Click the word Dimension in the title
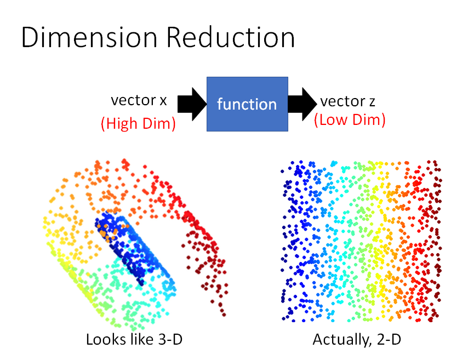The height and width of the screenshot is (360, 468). pos(90,38)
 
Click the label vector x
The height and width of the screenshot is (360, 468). pos(138,101)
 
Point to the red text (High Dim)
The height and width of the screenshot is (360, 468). pos(138,124)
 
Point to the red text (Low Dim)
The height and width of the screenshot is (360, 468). pos(349,121)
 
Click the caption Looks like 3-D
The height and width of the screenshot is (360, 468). pos(134,340)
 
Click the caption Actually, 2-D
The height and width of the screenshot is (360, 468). pos(356,340)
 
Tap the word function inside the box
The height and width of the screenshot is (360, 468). pos(247,104)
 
